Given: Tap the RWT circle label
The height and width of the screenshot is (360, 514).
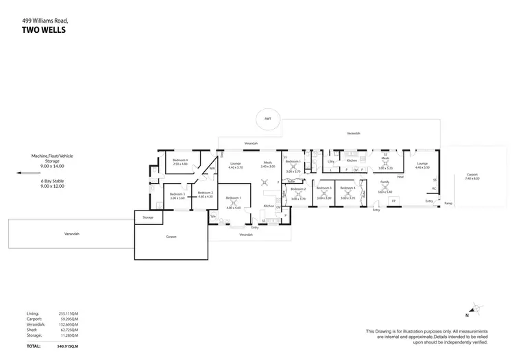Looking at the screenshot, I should pos(267,119).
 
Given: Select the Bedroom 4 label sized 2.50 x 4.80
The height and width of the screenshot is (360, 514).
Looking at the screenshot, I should pos(180,163).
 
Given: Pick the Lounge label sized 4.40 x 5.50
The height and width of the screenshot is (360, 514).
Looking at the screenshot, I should pos(421,165).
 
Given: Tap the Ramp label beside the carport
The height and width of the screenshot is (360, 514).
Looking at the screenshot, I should pos(448,203).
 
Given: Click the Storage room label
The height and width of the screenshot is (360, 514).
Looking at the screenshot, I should pos(148,217).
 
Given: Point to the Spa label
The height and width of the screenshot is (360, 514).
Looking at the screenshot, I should pos(213,217).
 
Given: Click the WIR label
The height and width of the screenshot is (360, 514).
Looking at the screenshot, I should pos(212,168).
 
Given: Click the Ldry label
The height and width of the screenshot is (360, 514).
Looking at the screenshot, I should pos(331,161).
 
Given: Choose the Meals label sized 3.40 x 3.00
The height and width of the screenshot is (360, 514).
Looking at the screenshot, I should pos(267,165).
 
